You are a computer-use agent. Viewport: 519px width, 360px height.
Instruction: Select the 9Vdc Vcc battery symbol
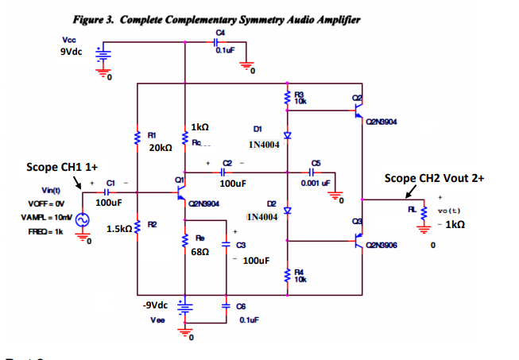(102, 56)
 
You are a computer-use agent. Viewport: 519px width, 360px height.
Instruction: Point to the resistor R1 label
(152, 136)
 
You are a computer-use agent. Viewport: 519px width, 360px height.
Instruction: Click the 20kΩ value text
(159, 148)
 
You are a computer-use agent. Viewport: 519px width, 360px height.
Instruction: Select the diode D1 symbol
(288, 136)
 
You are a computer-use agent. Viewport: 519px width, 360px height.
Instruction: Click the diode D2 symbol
(288, 211)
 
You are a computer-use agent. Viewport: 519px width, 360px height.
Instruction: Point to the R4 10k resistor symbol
(288, 275)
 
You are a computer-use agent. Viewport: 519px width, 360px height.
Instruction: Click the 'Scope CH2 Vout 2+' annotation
(434, 178)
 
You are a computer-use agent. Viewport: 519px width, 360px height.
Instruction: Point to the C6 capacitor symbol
(223, 307)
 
